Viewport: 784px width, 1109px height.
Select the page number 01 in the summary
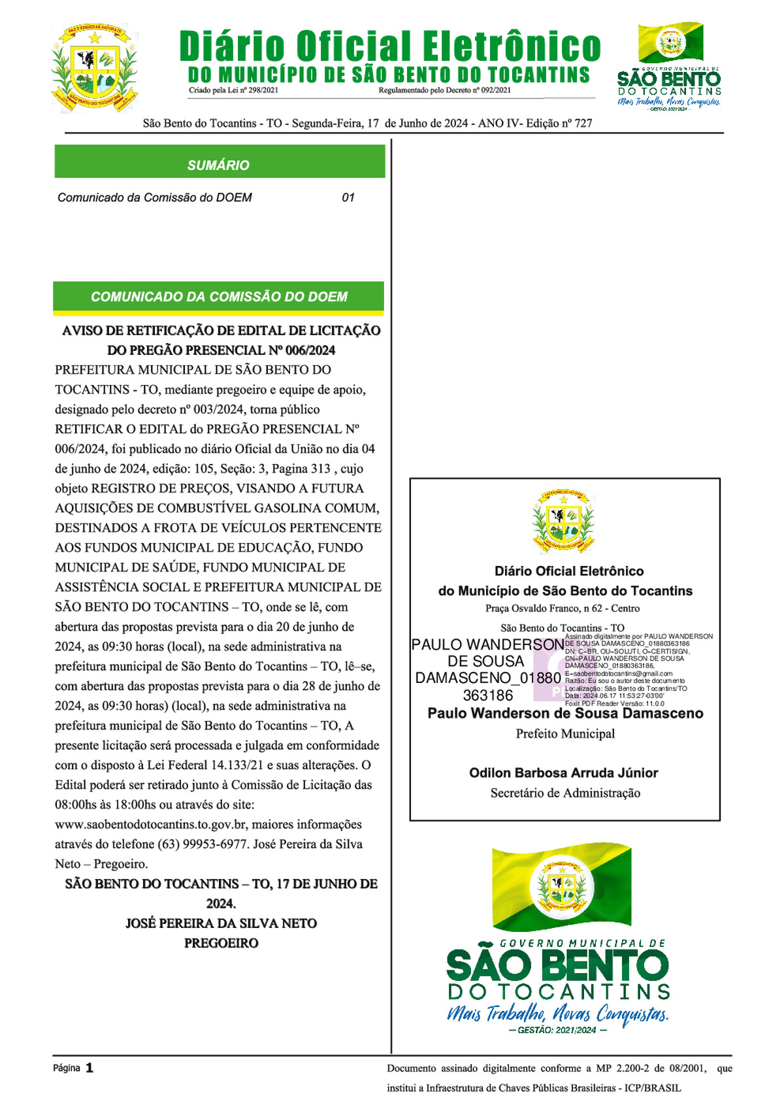[x=348, y=197]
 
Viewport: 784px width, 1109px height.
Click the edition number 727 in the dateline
[x=583, y=123]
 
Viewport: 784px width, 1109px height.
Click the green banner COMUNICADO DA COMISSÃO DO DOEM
[x=219, y=297]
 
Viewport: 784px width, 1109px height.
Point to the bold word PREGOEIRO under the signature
[x=221, y=943]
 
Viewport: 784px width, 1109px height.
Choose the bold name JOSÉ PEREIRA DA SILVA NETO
[x=221, y=923]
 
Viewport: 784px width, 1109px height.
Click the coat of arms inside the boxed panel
[x=564, y=520]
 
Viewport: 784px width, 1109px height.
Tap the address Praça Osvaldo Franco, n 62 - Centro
[x=563, y=608]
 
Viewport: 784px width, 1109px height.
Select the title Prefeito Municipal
[x=565, y=734]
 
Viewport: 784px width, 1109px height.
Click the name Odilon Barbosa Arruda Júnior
[x=563, y=773]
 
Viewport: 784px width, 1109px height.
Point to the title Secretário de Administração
[x=565, y=793]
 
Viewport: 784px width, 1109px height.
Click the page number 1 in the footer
[x=90, y=1068]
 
